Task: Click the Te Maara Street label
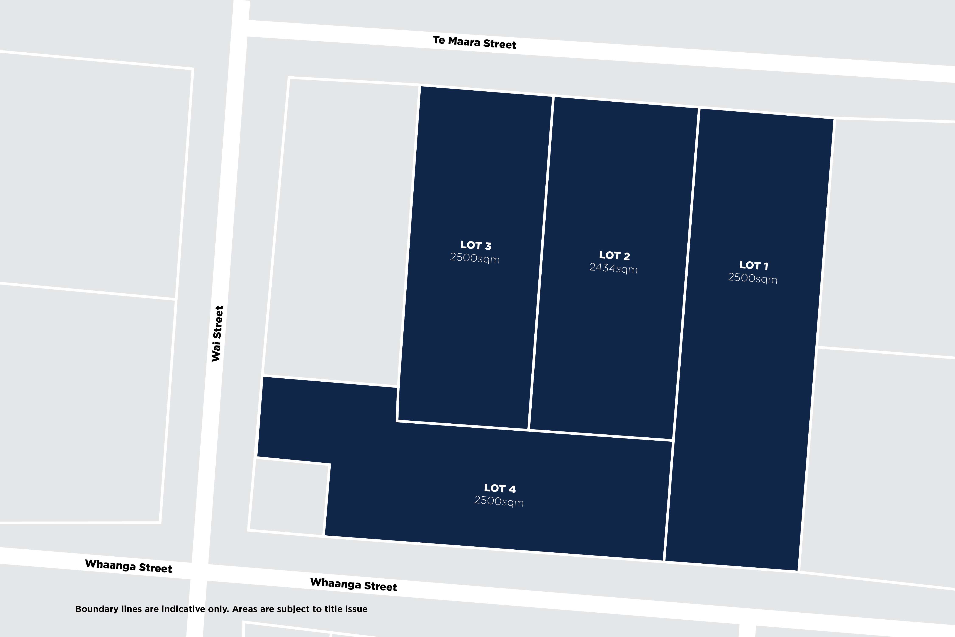click(x=474, y=42)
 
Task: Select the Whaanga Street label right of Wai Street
click(x=354, y=585)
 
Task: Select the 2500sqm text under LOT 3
click(x=475, y=258)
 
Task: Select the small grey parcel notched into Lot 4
click(x=289, y=496)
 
